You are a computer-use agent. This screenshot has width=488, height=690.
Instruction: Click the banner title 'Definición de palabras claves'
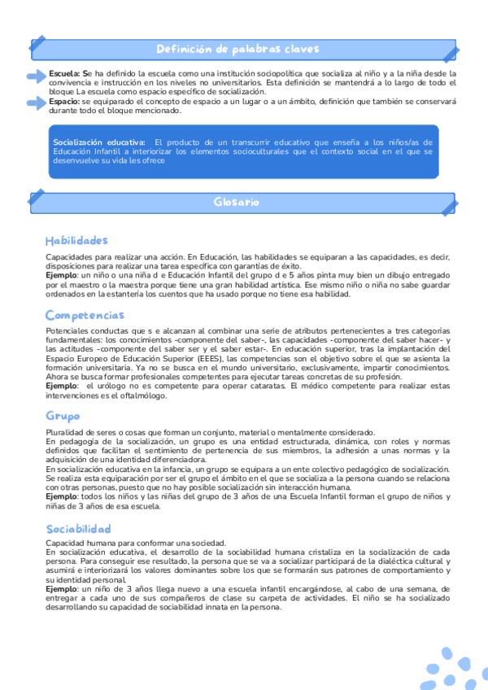237,49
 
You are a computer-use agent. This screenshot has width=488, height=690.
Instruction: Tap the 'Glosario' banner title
237,200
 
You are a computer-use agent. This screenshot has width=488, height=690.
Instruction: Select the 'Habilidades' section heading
76,241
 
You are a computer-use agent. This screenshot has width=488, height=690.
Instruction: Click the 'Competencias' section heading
85,315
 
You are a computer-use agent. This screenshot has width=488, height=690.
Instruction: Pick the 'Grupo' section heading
63,416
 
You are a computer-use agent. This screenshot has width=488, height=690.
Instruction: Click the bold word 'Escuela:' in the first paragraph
65,73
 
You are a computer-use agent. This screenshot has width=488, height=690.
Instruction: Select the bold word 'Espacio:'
64,102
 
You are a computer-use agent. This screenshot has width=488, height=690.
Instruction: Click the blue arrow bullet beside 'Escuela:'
37,76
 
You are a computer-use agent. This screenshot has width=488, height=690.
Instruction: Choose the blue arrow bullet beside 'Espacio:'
37,103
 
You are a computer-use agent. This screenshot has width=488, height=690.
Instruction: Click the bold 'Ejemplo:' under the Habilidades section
63,276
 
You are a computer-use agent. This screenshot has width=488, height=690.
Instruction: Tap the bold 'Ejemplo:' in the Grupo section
63,496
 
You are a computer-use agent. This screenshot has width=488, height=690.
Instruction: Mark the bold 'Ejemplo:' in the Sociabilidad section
63,589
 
